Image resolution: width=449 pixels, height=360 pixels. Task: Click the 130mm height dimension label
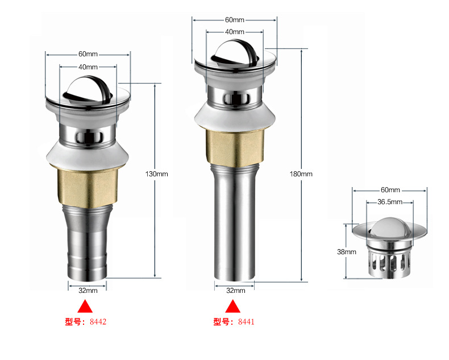pyautogui.click(x=156, y=174)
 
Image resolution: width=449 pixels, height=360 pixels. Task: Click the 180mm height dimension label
pyautogui.click(x=301, y=174)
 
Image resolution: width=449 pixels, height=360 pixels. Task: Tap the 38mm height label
pyautogui.click(x=347, y=252)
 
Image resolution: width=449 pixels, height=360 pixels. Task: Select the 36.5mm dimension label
pyautogui.click(x=390, y=202)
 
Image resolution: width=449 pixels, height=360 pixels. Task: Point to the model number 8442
pyautogui.click(x=98, y=322)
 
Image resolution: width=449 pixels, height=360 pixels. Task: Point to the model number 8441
pyautogui.click(x=246, y=322)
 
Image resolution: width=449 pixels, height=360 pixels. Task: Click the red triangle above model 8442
pyautogui.click(x=85, y=307)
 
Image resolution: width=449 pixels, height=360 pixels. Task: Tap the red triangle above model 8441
pyautogui.click(x=232, y=307)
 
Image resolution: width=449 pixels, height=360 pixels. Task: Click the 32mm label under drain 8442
pyautogui.click(x=88, y=291)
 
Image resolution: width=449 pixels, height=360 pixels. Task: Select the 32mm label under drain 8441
pyautogui.click(x=236, y=291)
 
